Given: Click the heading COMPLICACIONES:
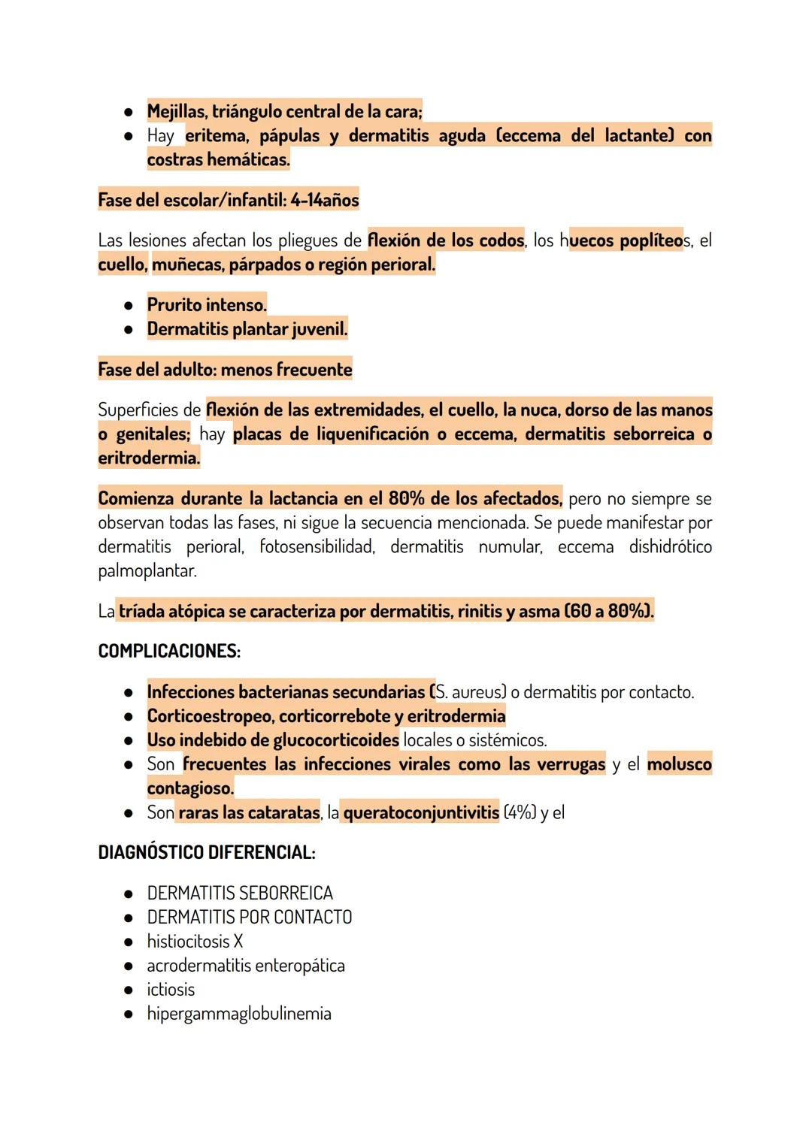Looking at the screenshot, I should point(169,652).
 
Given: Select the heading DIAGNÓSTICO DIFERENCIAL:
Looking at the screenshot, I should point(207,853).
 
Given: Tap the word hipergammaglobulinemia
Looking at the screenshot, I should point(239,1014).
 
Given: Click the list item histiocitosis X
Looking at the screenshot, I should point(195,942).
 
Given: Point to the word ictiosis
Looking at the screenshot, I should point(171,990).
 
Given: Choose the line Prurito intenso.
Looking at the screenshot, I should point(207,305).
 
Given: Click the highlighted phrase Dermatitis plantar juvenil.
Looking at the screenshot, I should point(247,329).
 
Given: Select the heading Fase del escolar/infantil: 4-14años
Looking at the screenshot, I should point(229,201).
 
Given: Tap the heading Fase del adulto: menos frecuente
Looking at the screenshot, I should point(225,370).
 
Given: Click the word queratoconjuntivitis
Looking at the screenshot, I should point(421,812).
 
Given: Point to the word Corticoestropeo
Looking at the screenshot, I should point(210,716).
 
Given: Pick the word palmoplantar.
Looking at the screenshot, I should point(147,571).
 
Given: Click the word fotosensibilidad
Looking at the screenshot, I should point(317,547).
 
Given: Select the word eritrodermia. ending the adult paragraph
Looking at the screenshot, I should point(149,458).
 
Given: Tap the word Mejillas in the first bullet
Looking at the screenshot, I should point(177,112).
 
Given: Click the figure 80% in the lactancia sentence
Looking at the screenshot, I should point(406,499).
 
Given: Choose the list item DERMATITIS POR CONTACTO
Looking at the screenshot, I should point(250,918).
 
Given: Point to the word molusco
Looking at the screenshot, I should point(679,764).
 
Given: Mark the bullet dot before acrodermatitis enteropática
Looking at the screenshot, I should point(129,966).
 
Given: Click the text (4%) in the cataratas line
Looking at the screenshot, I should point(520,812).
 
